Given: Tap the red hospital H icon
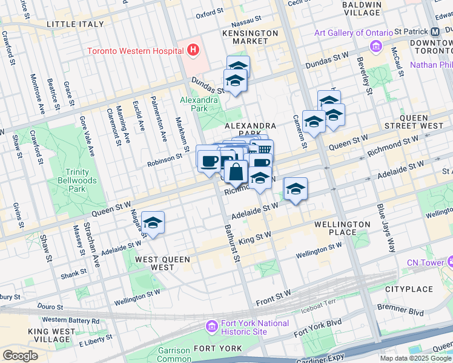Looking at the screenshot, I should (x=193, y=50).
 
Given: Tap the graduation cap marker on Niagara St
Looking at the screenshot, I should (x=153, y=223).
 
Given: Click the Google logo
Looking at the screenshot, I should (x=20, y=356).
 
